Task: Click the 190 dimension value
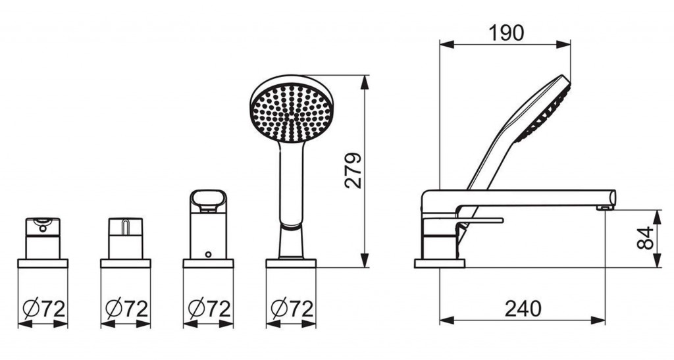pyautogui.click(x=506, y=33)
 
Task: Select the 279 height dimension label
pyautogui.click(x=353, y=170)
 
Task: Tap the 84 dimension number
pyautogui.click(x=646, y=238)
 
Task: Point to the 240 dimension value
pyautogui.click(x=523, y=309)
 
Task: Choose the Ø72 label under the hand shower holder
pyautogui.click(x=292, y=309)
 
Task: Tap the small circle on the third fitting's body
pyautogui.click(x=209, y=254)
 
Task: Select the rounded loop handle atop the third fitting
pyautogui.click(x=209, y=201)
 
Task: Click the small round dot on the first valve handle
pyautogui.click(x=43, y=228)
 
